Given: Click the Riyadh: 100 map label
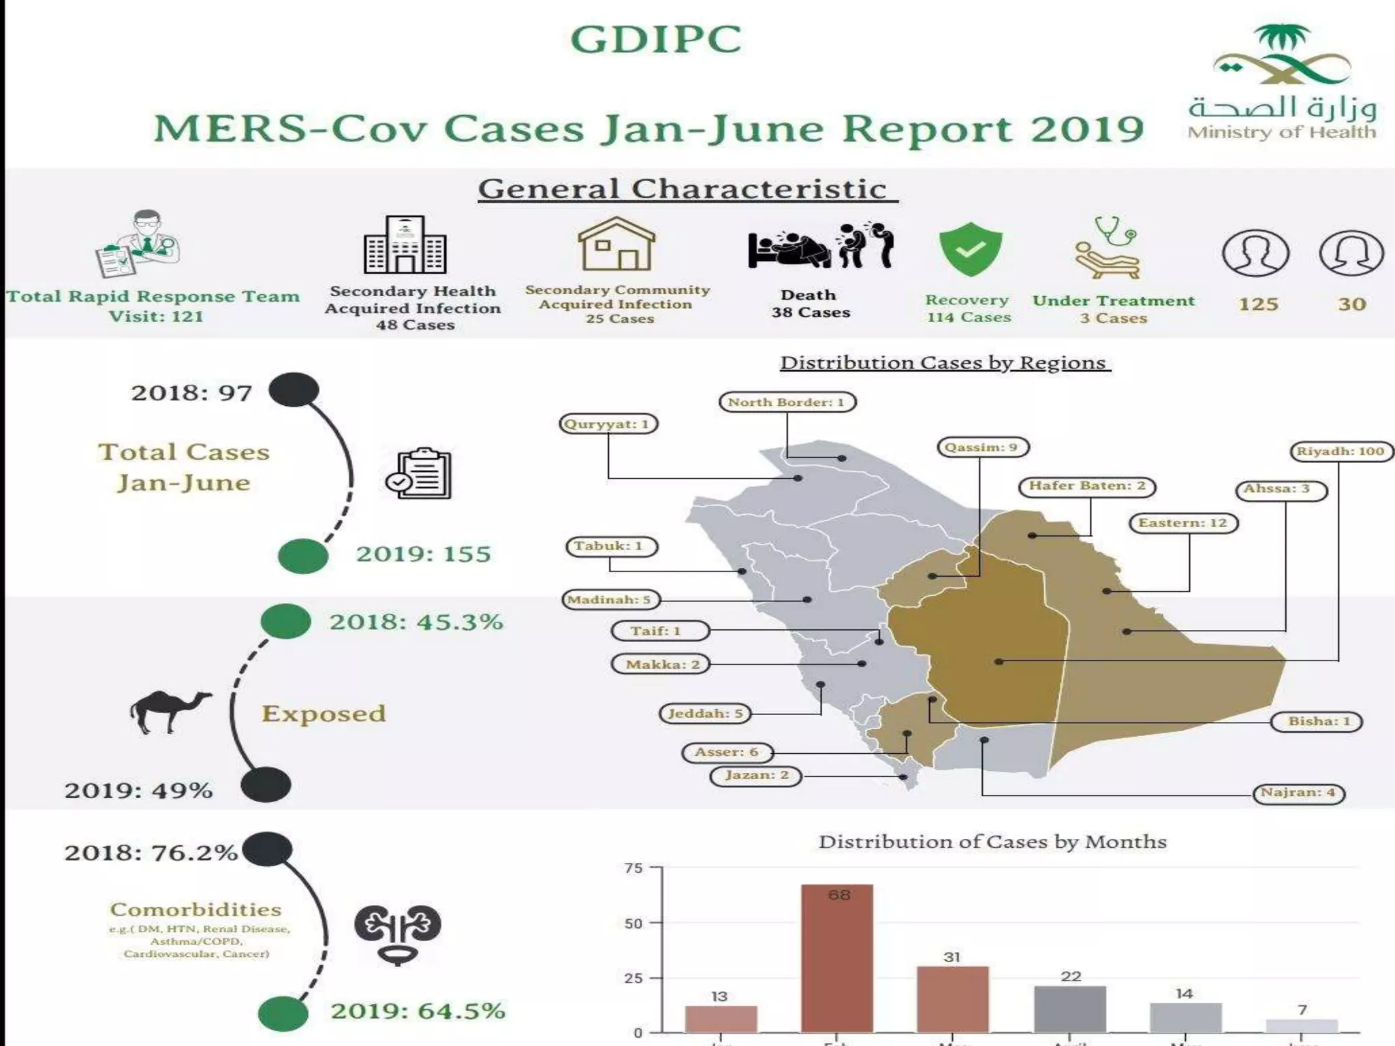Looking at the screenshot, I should tap(1340, 451).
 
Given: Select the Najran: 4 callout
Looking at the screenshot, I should tap(1298, 793).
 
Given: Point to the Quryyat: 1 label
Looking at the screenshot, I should tap(609, 424).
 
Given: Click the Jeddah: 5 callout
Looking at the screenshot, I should tap(704, 714).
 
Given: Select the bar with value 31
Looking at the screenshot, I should tap(952, 998).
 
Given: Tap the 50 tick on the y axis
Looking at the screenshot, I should tap(633, 923).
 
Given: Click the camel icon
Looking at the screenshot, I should tap(170, 711).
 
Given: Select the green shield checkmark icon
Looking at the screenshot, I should tap(970, 249).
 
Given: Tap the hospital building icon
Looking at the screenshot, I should tap(405, 244).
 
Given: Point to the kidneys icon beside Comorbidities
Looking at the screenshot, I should tap(397, 934).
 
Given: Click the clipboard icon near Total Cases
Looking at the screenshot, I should tap(419, 474).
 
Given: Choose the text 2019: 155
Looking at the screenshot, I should tap(423, 554).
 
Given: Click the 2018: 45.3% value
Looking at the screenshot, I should tap(416, 622).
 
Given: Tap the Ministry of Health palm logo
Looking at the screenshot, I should tap(1281, 57).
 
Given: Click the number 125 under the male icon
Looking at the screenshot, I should tap(1257, 304).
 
